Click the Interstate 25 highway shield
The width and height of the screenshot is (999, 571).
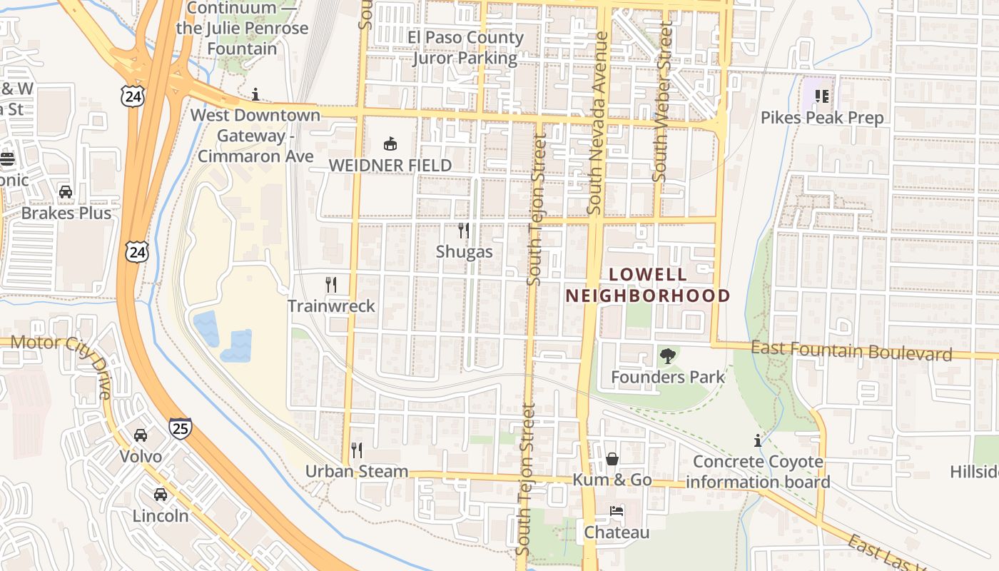[x=180, y=428]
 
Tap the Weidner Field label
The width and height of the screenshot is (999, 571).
[x=390, y=166]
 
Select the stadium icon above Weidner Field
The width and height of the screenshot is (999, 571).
[x=390, y=144]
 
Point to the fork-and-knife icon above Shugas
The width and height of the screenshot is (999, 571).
[x=464, y=231]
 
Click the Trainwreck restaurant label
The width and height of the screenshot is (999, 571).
[x=331, y=306]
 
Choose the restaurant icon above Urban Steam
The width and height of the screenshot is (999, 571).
[x=357, y=450]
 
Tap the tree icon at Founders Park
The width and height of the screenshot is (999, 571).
[x=668, y=355]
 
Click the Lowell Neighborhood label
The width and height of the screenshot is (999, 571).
[x=648, y=285]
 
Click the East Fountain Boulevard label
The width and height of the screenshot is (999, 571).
[x=851, y=351]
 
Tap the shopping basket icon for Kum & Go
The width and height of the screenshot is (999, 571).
[x=612, y=459]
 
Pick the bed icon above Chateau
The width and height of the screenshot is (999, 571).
[x=617, y=512]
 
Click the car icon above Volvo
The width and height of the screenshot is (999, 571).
[x=141, y=435]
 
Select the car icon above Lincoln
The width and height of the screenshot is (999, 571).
[x=161, y=494]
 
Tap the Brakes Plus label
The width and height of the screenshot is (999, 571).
[x=66, y=213]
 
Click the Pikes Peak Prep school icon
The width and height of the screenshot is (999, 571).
[x=822, y=96]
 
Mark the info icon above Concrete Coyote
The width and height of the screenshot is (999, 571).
[x=758, y=440]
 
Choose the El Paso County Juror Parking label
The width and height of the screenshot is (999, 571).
[x=465, y=48]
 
